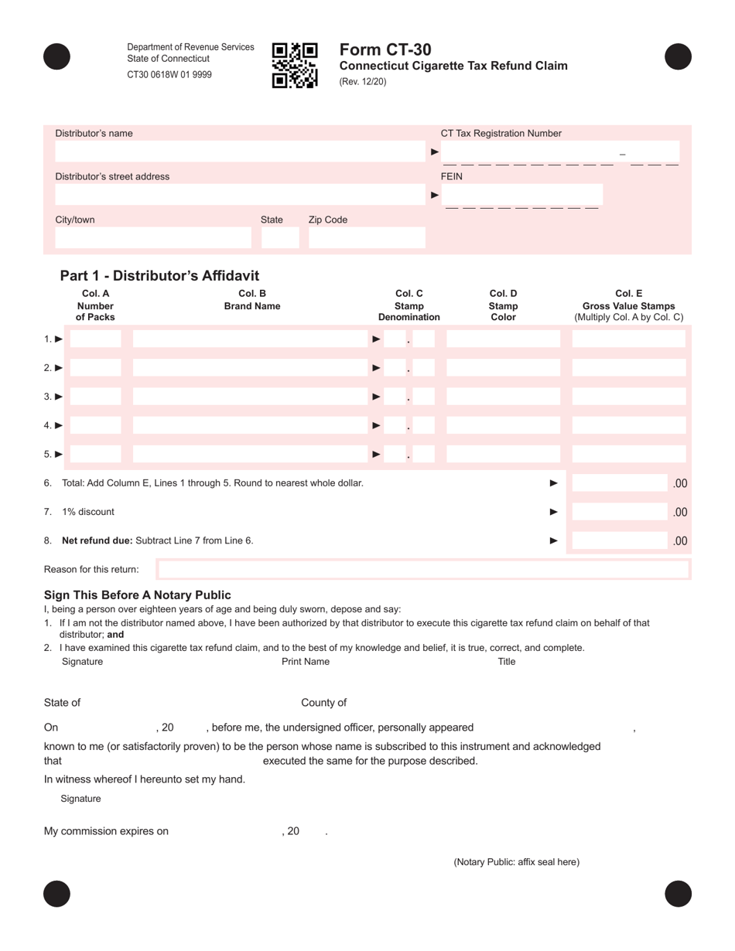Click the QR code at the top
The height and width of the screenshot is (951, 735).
click(295, 65)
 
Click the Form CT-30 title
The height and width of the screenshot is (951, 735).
click(385, 50)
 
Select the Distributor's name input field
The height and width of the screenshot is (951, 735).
click(240, 152)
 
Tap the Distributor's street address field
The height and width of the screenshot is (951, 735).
click(240, 195)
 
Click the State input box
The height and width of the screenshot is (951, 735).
click(279, 238)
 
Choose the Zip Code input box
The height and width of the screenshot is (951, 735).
click(367, 238)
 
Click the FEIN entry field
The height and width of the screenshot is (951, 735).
click(522, 194)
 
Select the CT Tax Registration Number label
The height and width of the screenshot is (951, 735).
click(501, 133)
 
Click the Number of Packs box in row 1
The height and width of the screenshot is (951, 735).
click(96, 339)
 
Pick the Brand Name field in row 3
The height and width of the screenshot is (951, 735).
click(248, 397)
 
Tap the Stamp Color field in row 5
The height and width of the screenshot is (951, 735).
click(503, 454)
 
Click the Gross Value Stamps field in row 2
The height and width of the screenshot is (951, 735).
click(628, 368)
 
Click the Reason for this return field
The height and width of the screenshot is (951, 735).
click(422, 570)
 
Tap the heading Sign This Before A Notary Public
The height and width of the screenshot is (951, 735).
click(137, 595)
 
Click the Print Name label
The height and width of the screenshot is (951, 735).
click(306, 661)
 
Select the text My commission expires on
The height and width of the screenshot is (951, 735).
click(106, 831)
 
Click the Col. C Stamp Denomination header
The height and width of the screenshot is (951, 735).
click(409, 305)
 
